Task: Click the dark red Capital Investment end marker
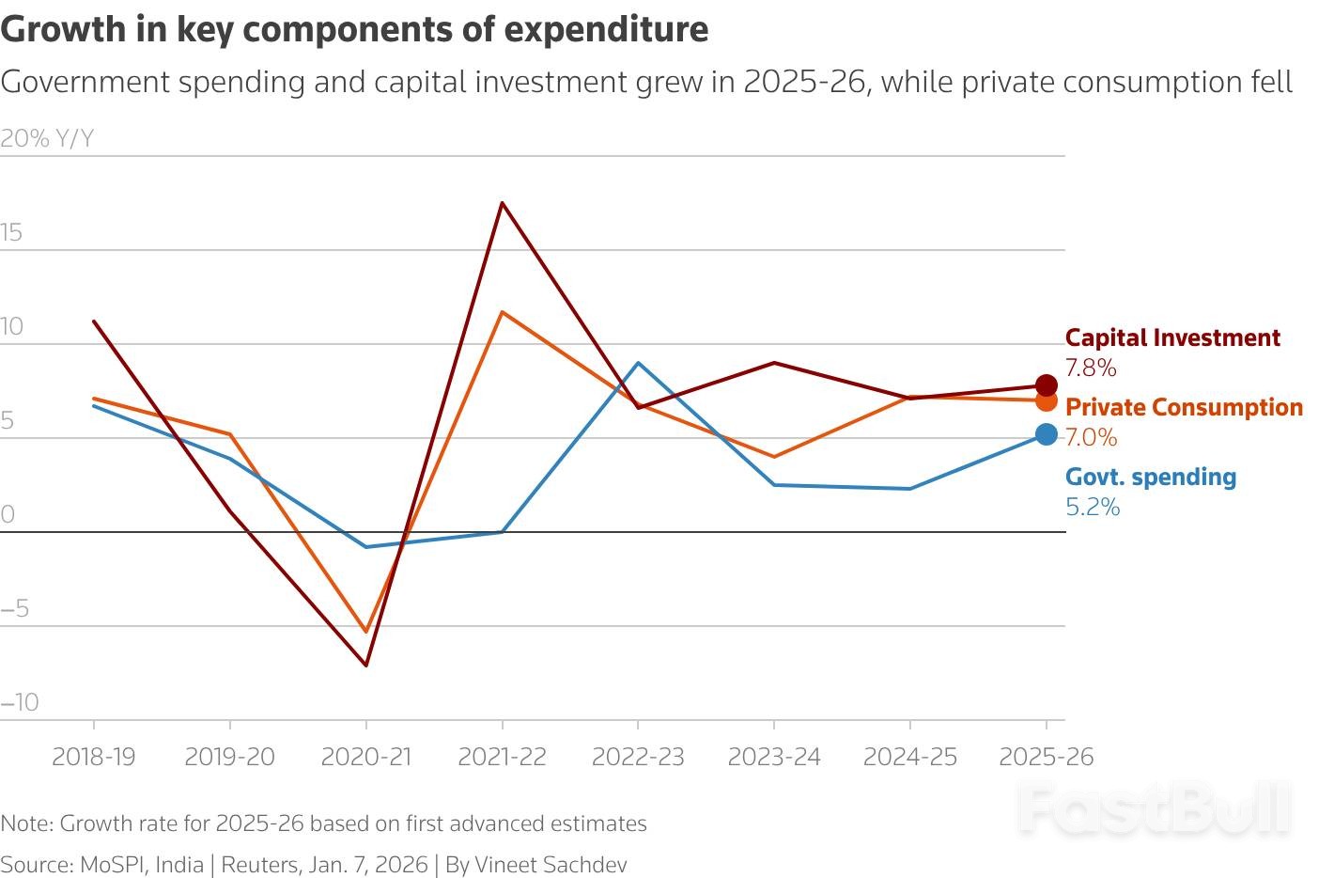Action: tap(1046, 384)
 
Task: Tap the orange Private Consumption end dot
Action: tap(1046, 400)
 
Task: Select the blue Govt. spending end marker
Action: tap(1046, 434)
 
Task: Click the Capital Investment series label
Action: tap(1172, 337)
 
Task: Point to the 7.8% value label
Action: tap(1091, 368)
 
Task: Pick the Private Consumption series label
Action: tap(1184, 407)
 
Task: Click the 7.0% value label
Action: tap(1091, 437)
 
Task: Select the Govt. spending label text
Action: tap(1151, 477)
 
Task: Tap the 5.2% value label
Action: tap(1093, 508)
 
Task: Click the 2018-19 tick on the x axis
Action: tap(93, 757)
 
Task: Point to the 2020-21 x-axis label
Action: tap(365, 757)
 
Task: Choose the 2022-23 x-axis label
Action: tap(638, 757)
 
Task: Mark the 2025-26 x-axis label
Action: tap(1047, 757)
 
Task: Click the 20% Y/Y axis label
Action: tap(47, 139)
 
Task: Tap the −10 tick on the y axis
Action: tap(20, 702)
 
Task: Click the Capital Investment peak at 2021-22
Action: tap(503, 202)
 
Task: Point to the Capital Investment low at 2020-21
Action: tap(365, 666)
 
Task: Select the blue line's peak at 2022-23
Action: tap(638, 363)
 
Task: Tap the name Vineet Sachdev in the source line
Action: tap(551, 865)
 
